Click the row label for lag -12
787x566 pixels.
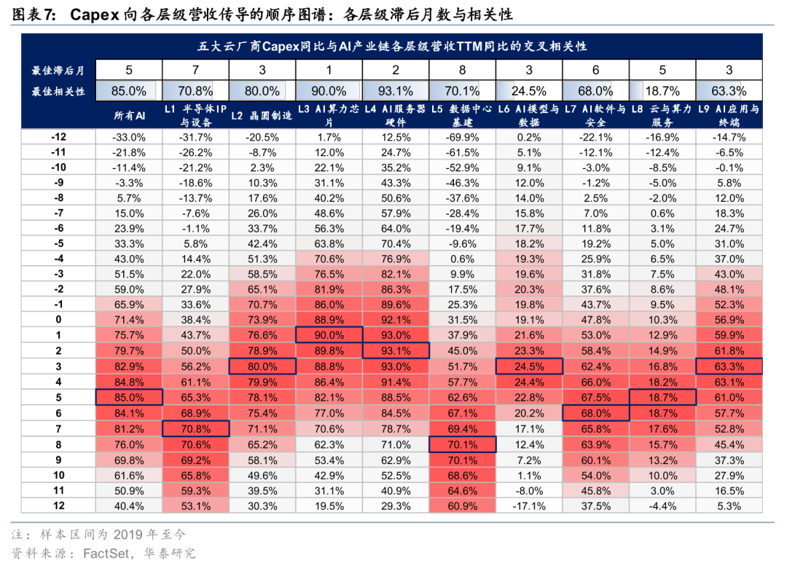58,137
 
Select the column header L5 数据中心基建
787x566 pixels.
462,115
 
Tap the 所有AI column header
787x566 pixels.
129,115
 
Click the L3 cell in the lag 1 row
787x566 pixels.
329,335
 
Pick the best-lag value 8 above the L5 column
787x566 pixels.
462,70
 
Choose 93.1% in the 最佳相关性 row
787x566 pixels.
396,91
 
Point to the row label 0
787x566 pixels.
58,320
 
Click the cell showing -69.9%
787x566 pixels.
462,137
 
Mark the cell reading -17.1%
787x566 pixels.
529,506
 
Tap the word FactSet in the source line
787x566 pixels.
106,553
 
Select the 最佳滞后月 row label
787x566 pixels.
58,70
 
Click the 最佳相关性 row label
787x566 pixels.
58,91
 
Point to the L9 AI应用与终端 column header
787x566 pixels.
729,115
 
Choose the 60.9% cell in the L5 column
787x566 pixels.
462,506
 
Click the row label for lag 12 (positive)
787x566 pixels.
58,506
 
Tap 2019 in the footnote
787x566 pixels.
128,535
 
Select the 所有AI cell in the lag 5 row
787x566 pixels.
129,398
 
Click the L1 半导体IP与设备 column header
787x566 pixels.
196,115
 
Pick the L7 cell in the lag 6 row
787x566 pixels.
596,414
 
